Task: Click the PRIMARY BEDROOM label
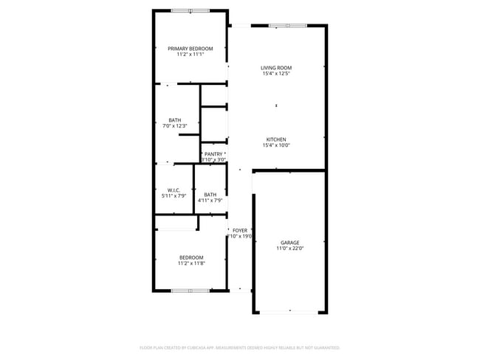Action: [190, 49]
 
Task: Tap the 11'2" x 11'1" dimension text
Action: [190, 55]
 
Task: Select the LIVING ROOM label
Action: [276, 68]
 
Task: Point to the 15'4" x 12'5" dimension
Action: [276, 74]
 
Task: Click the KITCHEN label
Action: [276, 139]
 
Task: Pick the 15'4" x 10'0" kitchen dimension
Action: [276, 145]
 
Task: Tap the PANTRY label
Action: [213, 154]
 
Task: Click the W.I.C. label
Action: [174, 190]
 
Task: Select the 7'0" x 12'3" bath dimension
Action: [174, 126]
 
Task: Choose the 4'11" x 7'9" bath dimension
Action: [210, 201]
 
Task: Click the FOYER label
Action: [240, 230]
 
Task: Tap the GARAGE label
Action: [289, 243]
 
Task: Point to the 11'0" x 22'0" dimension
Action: [289, 249]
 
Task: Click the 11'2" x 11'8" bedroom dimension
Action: [191, 263]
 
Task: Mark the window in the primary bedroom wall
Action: [191, 10]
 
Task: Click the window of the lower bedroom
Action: [191, 291]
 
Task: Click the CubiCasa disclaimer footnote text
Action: [239, 347]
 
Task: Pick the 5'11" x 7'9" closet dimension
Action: [174, 196]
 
